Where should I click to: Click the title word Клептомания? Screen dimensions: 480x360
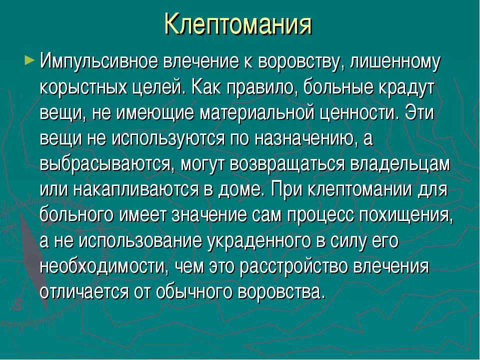coord(238,24)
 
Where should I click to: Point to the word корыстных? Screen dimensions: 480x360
coord(83,88)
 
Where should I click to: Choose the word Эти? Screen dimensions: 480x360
coord(419,113)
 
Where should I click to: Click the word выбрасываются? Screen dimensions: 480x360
coord(107,165)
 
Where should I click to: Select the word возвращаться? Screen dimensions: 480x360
coord(287,165)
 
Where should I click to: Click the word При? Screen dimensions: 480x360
coord(286,190)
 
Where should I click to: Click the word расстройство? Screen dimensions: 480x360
coord(294,267)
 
